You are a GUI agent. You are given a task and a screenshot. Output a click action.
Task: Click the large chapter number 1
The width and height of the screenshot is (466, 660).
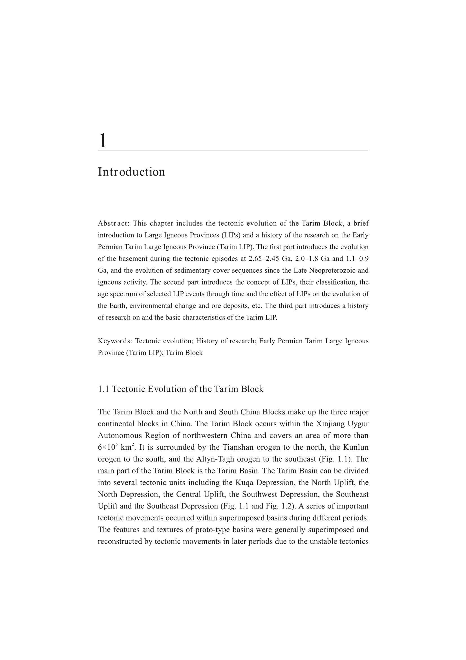[x=103, y=141]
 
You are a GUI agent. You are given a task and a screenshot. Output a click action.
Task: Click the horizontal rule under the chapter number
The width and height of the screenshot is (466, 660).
[x=233, y=151]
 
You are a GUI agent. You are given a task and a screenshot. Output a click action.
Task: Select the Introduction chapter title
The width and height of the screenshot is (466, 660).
[x=131, y=172]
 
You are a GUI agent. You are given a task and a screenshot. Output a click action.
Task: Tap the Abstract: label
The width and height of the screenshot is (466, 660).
[x=114, y=223]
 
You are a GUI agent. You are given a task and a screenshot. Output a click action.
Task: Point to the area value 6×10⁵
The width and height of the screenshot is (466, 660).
[x=108, y=447]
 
